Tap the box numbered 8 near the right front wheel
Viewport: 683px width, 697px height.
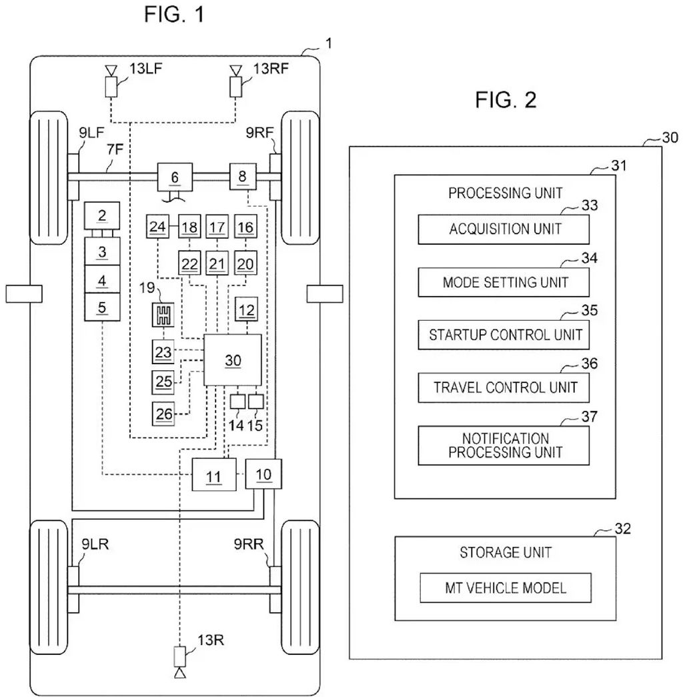coord(241,177)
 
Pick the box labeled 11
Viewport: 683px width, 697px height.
coord(213,476)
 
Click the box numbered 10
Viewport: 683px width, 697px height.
coord(263,474)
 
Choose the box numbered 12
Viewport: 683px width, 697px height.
coord(247,310)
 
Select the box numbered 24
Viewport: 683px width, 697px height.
coord(157,227)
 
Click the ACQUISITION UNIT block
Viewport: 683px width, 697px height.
coord(504,229)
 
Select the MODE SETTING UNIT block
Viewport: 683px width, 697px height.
coord(504,282)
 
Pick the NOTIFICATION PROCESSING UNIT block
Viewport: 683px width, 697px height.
coord(504,446)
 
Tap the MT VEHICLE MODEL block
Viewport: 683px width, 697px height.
coord(505,588)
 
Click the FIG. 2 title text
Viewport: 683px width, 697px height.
coord(506,100)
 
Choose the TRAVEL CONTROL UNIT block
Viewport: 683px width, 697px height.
coord(504,387)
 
